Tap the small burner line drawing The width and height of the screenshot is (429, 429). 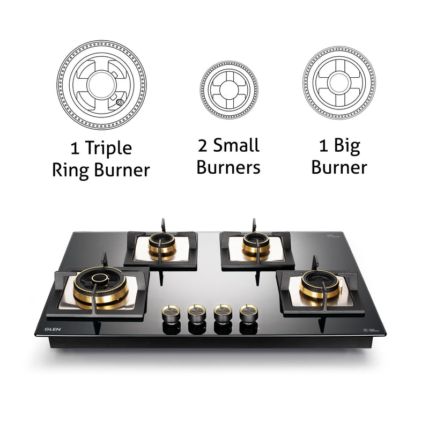[x=229, y=86]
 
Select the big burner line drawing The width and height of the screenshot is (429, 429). [x=339, y=83]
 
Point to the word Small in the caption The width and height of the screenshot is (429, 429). [x=236, y=145]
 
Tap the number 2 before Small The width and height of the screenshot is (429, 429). [x=203, y=145]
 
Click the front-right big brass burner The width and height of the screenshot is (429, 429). [x=320, y=285]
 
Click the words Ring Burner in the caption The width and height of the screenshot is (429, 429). [x=101, y=170]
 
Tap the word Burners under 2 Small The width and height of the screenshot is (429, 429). [x=228, y=167]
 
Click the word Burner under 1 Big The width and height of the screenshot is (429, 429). [x=339, y=167]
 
